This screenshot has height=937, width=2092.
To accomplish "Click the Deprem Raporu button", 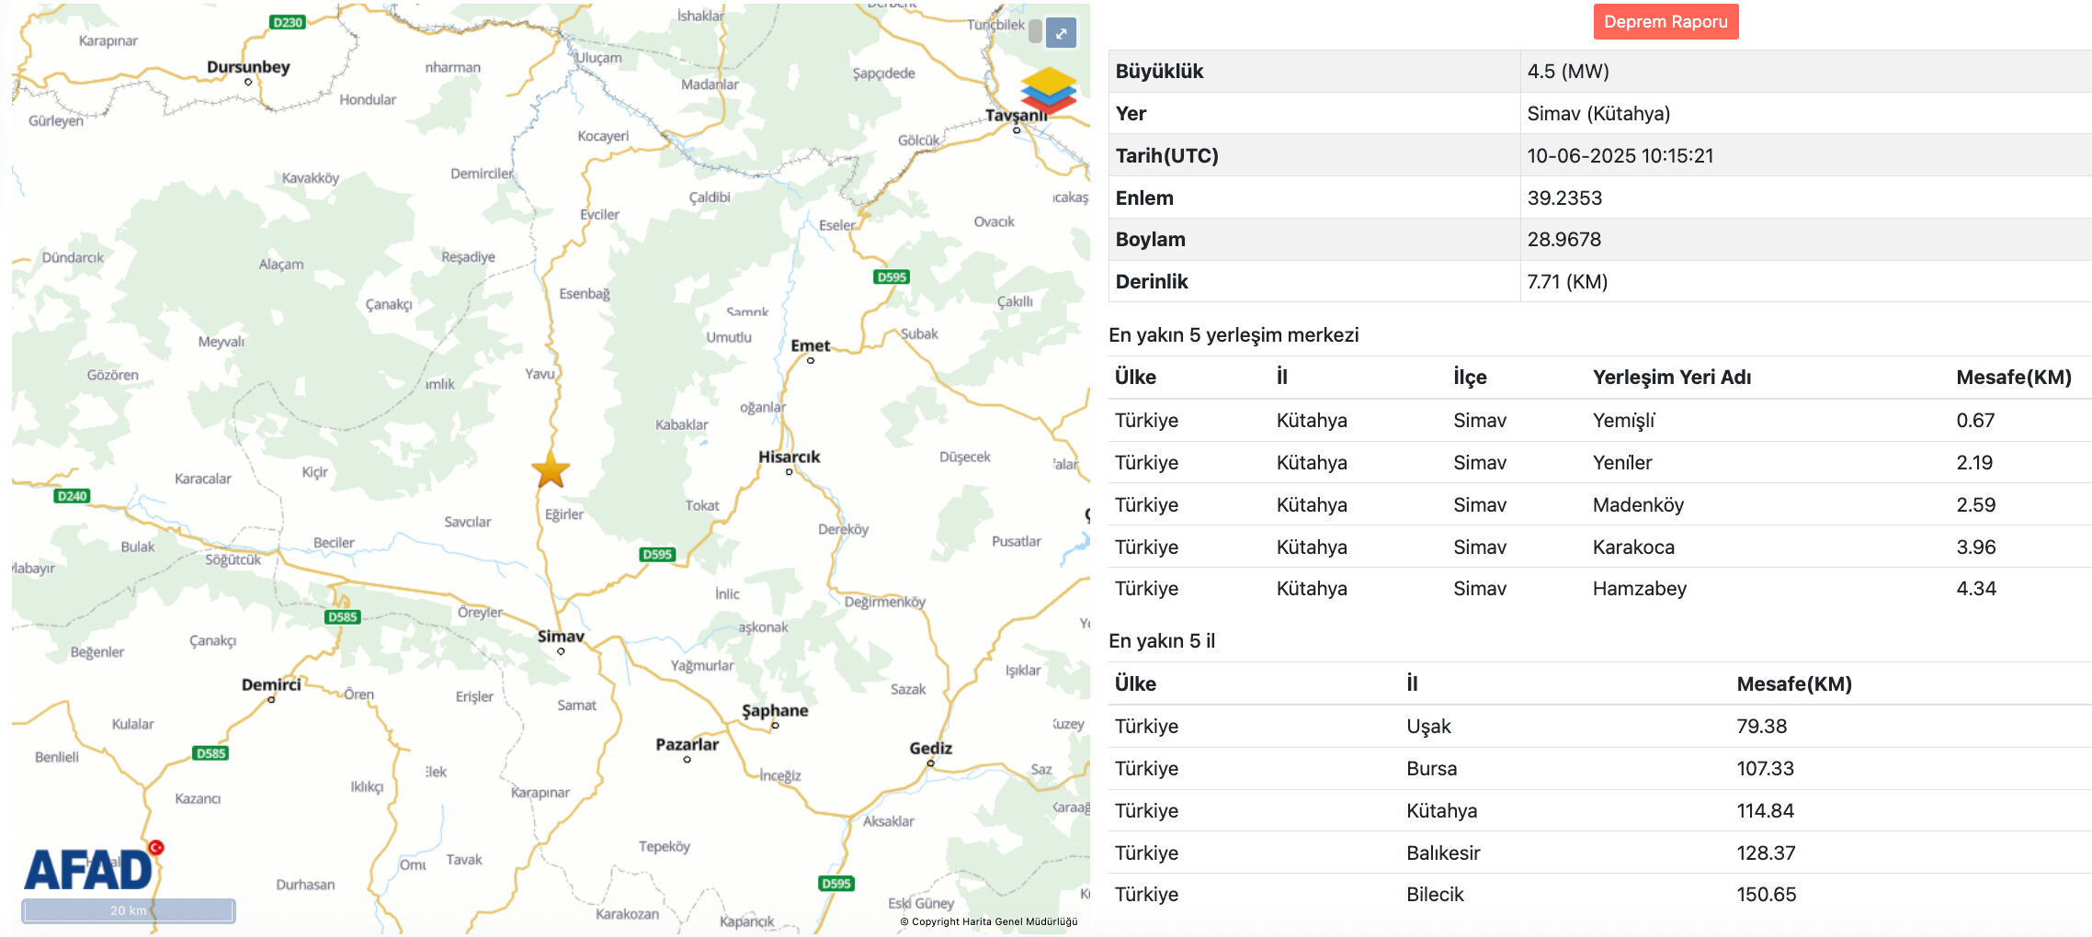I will pos(1665,22).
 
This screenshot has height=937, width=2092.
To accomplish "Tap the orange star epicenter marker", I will pos(551,469).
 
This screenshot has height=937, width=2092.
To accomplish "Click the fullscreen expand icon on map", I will pos(1061,33).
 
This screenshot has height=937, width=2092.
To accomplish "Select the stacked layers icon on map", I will pos(1048,90).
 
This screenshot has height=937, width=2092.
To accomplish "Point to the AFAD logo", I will pos(89,869).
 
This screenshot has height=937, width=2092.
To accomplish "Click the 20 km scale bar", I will pos(129,910).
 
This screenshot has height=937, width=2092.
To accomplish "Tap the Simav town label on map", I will pos(561,636).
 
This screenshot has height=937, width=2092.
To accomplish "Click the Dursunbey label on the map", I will pos(248,67).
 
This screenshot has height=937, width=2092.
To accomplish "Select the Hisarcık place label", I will pos(789,457).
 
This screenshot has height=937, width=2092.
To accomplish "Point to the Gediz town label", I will pos(930,748).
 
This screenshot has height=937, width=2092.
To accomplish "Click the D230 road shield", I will pos(288,22).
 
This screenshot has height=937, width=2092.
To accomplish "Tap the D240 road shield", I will pos(72,496).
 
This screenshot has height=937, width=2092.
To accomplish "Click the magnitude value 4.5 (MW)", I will pos(1568,72).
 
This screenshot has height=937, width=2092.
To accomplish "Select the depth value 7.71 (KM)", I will pos(1567,282).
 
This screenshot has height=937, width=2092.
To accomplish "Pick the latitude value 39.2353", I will pos(1564,198).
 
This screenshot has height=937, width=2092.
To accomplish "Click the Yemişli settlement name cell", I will pos(1623,421).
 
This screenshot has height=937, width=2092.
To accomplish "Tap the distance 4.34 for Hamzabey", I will pos(1975,589).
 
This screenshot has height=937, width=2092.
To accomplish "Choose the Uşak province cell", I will pos(1428,727).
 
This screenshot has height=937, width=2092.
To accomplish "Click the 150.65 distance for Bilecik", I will pos(1766,895).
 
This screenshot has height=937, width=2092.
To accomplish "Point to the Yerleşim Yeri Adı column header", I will pos(1671,378).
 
